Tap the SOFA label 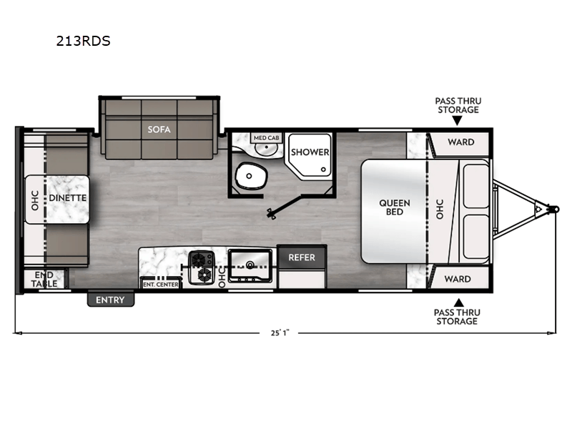tap(159, 130)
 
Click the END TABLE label tap(44, 280)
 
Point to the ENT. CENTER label tap(161, 284)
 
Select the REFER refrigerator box tap(302, 257)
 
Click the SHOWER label tap(310, 152)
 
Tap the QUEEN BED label tap(394, 207)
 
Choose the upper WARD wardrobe tap(460, 142)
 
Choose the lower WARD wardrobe tap(460, 278)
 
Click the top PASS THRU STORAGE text tap(457, 105)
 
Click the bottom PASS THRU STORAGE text tap(457, 317)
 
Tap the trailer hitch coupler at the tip tap(554, 208)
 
